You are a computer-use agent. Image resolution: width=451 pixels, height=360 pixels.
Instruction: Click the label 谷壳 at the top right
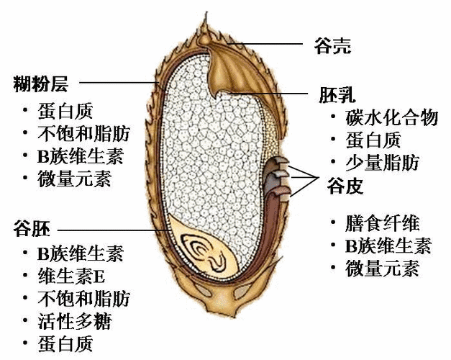pos(332,45)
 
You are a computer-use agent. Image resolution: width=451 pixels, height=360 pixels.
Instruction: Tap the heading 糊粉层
pos(41,84)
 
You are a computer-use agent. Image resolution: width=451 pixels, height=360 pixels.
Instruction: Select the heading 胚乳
pos(337,95)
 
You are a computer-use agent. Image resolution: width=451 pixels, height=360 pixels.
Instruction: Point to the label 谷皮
pos(345,186)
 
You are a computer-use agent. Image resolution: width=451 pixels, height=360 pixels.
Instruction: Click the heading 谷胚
pos(32,229)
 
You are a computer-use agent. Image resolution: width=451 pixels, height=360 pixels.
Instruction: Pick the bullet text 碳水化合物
pos(392,117)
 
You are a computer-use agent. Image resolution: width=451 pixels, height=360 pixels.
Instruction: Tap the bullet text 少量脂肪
pos(383,163)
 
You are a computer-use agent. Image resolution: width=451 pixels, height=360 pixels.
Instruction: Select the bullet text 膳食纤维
pos(383,223)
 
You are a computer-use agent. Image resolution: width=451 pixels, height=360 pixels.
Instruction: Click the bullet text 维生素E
pos(71,276)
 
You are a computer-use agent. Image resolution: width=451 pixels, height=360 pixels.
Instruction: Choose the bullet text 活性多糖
pos(75,321)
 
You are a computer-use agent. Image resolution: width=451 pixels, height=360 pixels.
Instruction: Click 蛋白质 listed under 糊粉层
pos(65,111)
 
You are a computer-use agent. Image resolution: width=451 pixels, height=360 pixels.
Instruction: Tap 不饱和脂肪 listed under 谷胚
pos(83,298)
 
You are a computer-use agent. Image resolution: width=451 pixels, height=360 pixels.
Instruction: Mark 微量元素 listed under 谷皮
pos(383,269)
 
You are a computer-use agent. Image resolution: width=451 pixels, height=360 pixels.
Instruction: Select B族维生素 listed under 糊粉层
pos(81,156)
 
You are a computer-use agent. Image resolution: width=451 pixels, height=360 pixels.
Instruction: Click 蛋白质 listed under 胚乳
pos(373,140)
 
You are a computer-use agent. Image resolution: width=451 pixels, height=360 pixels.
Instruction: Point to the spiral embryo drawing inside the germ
pos(204,252)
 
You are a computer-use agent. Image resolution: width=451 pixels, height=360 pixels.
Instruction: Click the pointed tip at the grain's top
pos(206,12)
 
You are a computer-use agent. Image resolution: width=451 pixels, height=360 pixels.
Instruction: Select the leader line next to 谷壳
pos(265,44)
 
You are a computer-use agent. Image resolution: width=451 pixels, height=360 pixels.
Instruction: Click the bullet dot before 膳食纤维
pos(333,222)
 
